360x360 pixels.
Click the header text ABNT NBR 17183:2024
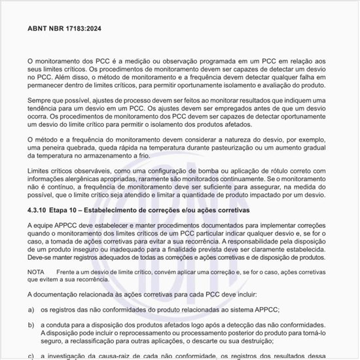pyautogui.click(x=64, y=29)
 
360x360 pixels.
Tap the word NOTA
pyautogui.click(x=36, y=271)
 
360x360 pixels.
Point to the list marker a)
pyautogui.click(x=31, y=309)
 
